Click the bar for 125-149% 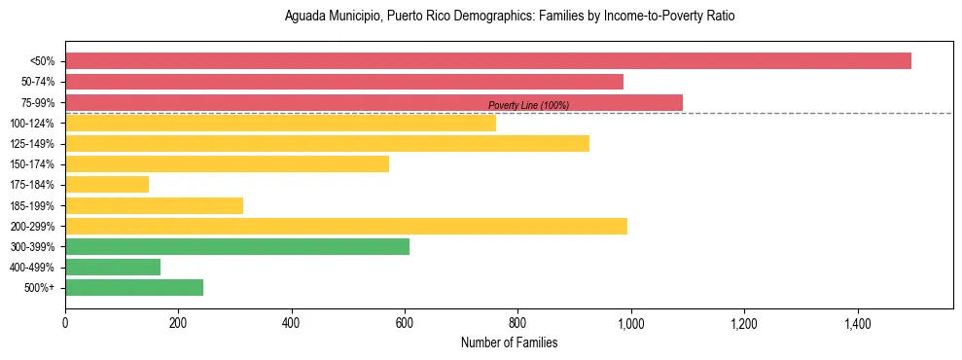tap(327, 143)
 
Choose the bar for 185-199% tap(154, 205)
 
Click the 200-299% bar tap(346, 226)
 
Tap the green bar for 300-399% tap(237, 246)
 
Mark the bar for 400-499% tap(113, 267)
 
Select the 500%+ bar tap(134, 287)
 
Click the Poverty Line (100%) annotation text tap(528, 105)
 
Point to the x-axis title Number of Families tap(509, 342)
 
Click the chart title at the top tap(509, 17)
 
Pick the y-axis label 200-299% tap(32, 227)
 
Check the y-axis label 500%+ tap(40, 288)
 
